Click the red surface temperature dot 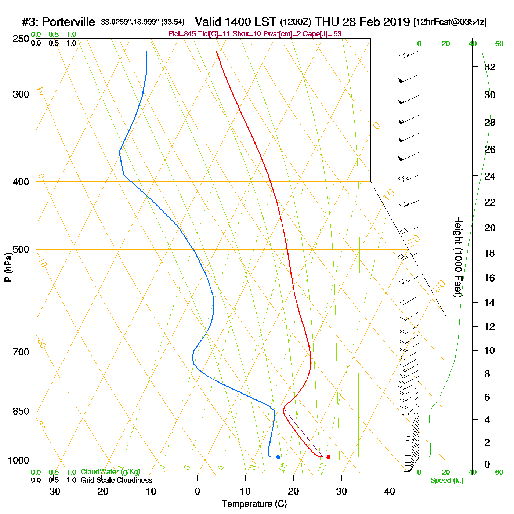point(328,457)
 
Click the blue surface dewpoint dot point(278,457)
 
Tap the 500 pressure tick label point(21,250)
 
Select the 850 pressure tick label point(21,411)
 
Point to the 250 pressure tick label point(21,39)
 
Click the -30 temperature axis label point(53,491)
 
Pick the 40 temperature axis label point(390,491)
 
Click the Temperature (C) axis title point(254,504)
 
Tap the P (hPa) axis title point(8,267)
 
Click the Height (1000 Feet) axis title point(458,257)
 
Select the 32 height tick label point(490,67)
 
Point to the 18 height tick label point(490,253)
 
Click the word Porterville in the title point(69,22)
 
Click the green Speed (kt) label point(447,481)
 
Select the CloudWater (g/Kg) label point(110,472)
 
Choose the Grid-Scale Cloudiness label point(116,480)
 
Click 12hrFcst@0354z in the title point(450,22)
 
